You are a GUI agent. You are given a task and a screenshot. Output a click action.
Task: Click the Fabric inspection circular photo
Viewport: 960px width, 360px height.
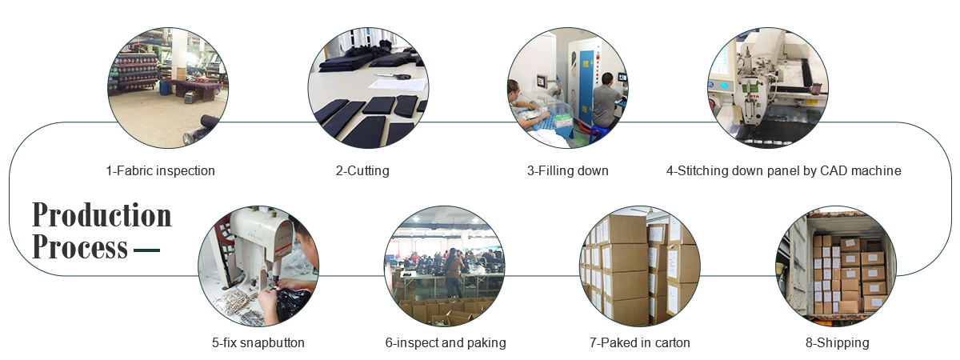[168, 87]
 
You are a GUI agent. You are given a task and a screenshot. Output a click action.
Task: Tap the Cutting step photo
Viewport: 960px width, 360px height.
[368, 87]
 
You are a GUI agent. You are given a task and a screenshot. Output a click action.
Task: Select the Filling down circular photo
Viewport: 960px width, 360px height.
[567, 87]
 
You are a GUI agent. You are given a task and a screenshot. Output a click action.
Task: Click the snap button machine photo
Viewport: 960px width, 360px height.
[258, 266]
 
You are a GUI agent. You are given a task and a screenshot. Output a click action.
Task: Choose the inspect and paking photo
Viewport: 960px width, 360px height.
[445, 266]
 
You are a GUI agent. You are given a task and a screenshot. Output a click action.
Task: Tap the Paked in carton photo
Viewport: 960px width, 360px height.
[639, 266]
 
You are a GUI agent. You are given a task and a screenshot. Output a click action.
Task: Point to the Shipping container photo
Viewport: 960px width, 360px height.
[836, 266]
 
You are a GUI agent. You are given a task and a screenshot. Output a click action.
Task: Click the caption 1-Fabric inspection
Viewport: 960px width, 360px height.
[160, 170]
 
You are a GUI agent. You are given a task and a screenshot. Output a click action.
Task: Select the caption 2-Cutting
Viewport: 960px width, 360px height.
[362, 170]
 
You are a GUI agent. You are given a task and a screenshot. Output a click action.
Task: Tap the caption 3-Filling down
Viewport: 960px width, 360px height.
[567, 170]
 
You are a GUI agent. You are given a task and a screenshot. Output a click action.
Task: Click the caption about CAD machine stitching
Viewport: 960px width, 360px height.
[784, 170]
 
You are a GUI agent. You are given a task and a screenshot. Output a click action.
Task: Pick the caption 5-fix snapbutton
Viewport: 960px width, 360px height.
[258, 342]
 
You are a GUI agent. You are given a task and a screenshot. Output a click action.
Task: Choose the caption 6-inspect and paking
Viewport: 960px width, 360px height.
[446, 342]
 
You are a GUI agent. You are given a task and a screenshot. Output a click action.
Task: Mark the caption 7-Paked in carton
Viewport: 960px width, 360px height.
[640, 342]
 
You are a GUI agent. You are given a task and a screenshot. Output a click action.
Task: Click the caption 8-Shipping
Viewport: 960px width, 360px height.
[837, 342]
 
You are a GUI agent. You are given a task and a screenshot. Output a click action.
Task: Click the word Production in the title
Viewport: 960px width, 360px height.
[102, 216]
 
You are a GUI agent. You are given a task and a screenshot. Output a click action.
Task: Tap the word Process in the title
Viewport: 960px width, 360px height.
[79, 248]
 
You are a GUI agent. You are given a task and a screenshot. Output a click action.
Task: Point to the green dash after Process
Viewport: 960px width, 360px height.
[146, 250]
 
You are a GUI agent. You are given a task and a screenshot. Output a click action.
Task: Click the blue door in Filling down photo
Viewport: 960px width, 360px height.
[586, 88]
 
